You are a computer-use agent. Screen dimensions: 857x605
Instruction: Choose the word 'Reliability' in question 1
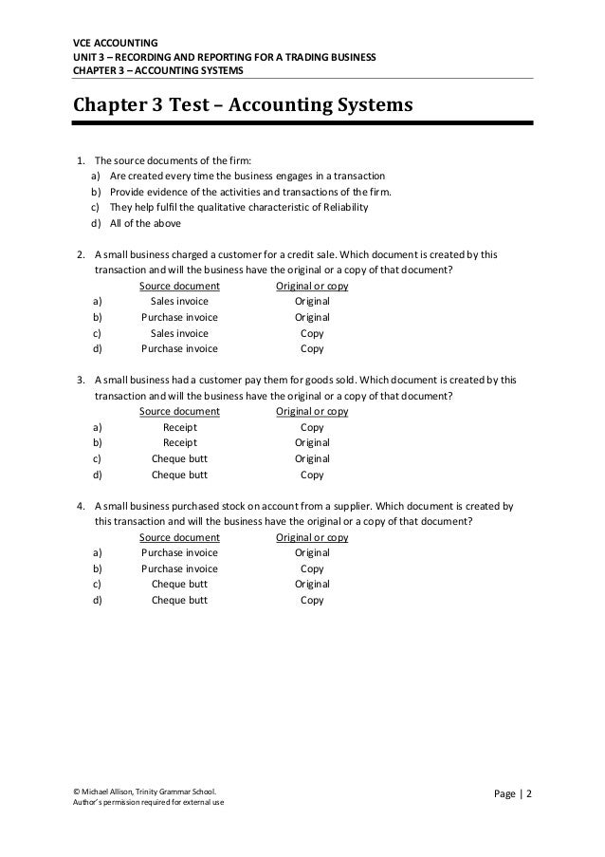point(341,208)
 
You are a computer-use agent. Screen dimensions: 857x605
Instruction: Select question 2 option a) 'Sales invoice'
point(179,301)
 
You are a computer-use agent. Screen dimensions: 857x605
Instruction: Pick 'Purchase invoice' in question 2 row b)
point(179,317)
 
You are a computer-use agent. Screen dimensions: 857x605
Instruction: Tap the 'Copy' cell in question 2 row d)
point(312,348)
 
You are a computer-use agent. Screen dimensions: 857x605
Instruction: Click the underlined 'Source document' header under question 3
point(179,411)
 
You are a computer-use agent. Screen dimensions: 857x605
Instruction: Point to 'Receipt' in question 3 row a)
point(179,427)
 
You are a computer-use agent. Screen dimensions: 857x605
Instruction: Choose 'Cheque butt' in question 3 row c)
point(179,458)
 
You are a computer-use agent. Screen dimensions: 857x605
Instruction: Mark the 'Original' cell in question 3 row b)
point(312,442)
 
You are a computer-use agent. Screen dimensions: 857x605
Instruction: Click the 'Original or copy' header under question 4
point(312,536)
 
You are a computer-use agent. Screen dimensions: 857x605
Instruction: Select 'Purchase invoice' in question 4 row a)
point(179,552)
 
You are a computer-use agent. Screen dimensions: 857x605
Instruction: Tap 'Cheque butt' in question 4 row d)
point(179,600)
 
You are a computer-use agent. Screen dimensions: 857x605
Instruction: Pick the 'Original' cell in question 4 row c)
point(312,584)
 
